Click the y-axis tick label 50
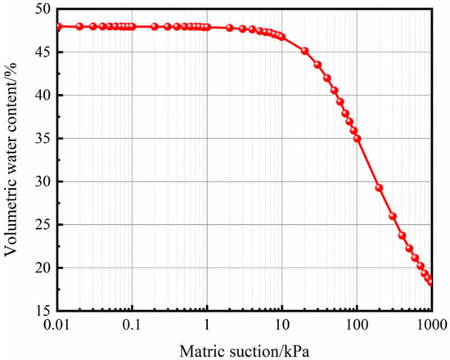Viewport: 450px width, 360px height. coord(44,9)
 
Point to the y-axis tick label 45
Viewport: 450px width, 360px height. coord(44,52)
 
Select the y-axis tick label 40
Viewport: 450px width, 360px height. coord(44,95)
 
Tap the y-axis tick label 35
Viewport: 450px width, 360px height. coord(44,138)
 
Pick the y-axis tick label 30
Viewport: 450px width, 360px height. coord(44,182)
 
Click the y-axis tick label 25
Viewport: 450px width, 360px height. coord(44,224)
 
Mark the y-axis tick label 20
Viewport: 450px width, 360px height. coord(44,268)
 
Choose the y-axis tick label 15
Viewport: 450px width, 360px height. coord(44,311)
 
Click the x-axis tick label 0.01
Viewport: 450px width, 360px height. coord(57,326)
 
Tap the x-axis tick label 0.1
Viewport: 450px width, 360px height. coord(132,326)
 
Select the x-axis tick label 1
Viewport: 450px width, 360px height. coord(207,326)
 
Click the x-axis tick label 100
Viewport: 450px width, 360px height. coord(357,326)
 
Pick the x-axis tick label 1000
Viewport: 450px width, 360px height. coord(430,326)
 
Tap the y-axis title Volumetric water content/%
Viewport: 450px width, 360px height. coord(11,159)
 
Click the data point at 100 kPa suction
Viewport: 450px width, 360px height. coord(357,138)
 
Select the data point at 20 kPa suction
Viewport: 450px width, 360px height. coord(304,51)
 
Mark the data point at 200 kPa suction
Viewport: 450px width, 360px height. coord(379,187)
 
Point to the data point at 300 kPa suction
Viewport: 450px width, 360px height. coord(393,216)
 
